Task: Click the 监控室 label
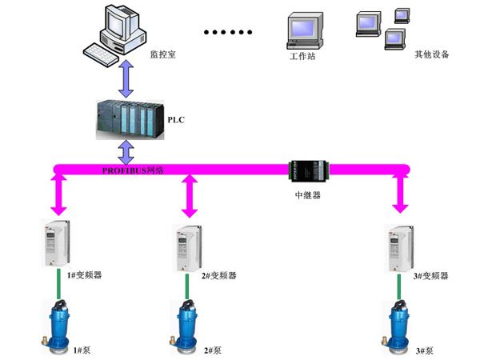(162, 54)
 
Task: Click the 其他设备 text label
(432, 55)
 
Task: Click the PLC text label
(177, 119)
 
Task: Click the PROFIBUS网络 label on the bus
(134, 170)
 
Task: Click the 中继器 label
(308, 194)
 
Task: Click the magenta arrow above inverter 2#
(189, 195)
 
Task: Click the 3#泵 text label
(426, 350)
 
